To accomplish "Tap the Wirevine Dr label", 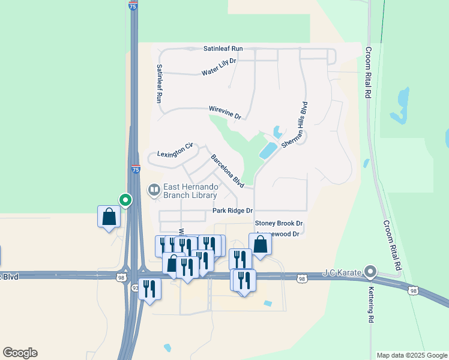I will [224, 112].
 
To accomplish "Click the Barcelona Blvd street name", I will [227, 170].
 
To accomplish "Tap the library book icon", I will [154, 191].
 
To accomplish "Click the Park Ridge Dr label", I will [233, 211].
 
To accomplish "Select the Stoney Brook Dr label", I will [279, 224].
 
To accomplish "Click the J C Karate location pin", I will [370, 272].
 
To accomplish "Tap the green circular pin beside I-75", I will [125, 199].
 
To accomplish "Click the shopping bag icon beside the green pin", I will [109, 217].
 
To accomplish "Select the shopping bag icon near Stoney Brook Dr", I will [260, 244].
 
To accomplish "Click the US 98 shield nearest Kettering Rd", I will [412, 290].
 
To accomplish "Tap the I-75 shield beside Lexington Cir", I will [136, 170].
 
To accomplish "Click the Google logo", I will [20, 353].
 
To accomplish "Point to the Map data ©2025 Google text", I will [412, 355].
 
